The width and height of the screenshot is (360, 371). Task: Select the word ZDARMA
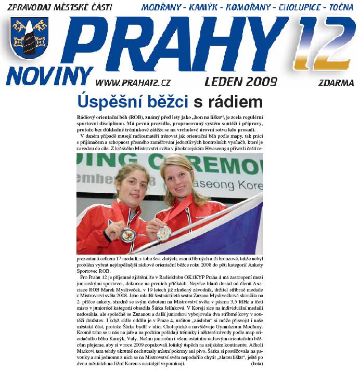pos(336,83)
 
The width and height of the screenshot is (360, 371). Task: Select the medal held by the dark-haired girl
pos(128,235)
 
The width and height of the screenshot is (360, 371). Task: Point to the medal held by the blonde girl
pos(164,233)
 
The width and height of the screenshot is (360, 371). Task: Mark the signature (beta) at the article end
pos(256,365)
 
